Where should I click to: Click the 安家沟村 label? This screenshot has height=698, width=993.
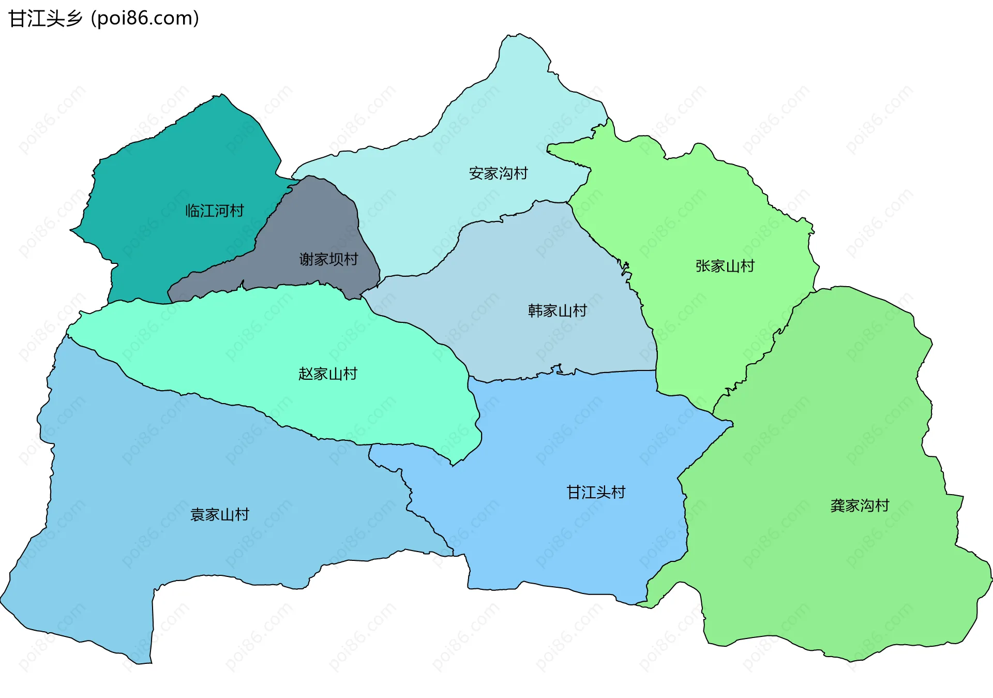[x=498, y=173]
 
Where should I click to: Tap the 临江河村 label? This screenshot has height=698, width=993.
[x=215, y=211]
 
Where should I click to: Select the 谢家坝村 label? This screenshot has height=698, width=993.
[x=328, y=259]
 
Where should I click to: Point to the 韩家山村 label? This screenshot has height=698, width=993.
[x=557, y=311]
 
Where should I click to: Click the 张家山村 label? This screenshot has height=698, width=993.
[x=725, y=266]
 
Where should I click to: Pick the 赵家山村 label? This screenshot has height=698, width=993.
[x=327, y=374]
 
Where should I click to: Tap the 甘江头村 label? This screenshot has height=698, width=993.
[x=596, y=493]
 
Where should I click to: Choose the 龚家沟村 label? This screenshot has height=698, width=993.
[x=860, y=506]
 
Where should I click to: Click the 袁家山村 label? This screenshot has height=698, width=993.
[x=220, y=515]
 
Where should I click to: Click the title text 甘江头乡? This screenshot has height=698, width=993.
[x=46, y=19]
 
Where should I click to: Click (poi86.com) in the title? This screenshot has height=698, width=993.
[x=145, y=19]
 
